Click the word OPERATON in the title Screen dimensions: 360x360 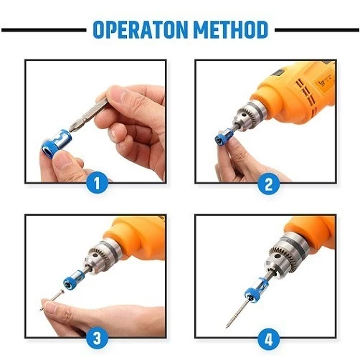141,29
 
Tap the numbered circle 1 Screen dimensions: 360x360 97,184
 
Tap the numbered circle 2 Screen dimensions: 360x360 269,184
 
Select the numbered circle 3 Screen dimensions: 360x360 97,338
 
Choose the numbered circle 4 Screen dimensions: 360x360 269,338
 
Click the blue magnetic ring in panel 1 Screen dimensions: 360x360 57,143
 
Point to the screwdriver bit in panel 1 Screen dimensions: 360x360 90,114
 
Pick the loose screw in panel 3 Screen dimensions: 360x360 52,300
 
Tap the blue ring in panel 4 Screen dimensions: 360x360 255,290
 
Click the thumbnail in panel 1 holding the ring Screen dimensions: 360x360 62,160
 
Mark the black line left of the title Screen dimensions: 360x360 44,30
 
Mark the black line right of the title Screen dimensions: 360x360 317,30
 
